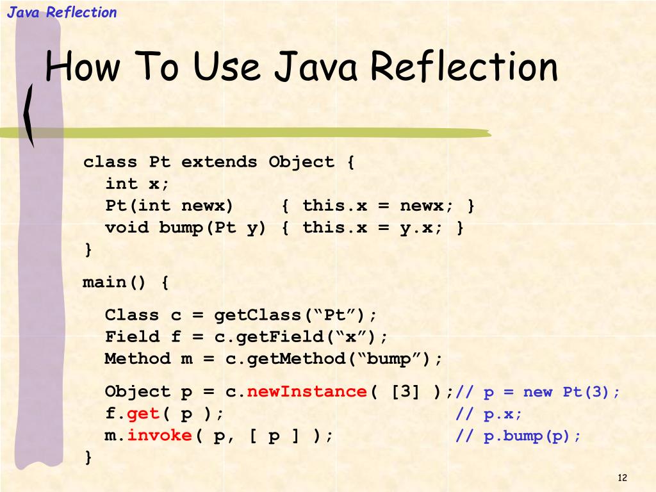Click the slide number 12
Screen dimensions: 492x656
[621, 478]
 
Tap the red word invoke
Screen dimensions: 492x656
[160, 436]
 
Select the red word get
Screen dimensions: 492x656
[143, 414]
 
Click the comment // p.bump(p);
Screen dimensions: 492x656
[518, 436]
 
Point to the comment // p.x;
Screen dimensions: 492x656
[489, 414]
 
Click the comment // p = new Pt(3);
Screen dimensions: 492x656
[537, 392]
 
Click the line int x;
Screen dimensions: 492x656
[137, 184]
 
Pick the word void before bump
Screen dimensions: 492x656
[126, 227]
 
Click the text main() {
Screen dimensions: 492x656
[126, 283]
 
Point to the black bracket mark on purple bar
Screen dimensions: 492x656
[29, 115]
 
